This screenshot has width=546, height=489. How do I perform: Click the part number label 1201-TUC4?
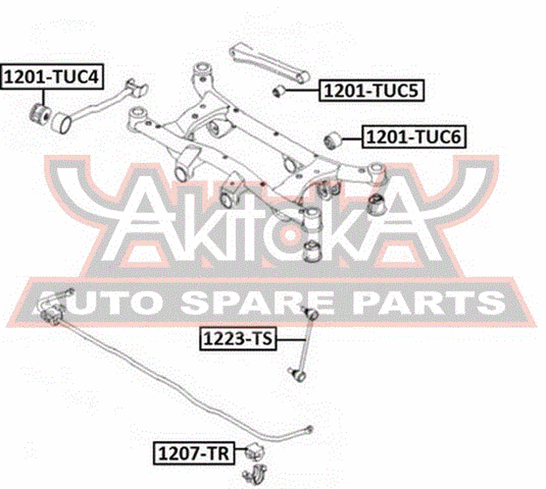(x=52, y=76)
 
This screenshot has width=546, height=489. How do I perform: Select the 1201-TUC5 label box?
(x=371, y=90)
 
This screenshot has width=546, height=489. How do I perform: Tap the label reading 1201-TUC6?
(x=414, y=137)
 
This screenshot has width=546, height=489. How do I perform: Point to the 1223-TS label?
(x=238, y=338)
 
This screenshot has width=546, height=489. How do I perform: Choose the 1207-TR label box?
(x=194, y=453)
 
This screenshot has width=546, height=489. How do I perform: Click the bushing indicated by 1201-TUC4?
(x=40, y=115)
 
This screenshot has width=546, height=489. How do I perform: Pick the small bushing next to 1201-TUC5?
(x=278, y=91)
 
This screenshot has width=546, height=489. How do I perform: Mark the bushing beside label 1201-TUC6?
(x=333, y=140)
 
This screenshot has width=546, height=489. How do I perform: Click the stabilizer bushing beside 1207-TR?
(x=255, y=451)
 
